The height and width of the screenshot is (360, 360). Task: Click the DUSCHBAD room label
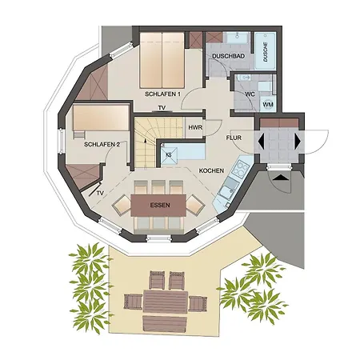coord(228,56)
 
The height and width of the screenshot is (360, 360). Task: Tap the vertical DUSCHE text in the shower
coord(266,52)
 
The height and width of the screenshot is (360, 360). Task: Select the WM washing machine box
coord(268,104)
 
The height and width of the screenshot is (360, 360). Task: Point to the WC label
coord(250,94)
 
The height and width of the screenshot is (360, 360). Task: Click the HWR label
coord(195,127)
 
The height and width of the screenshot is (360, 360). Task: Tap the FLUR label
coord(234,138)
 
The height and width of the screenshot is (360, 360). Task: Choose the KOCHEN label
coord(211,170)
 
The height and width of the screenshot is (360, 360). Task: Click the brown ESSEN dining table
coord(158,205)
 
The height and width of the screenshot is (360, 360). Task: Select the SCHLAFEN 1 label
coord(162,94)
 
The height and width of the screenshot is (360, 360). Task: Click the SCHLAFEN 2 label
coord(102,145)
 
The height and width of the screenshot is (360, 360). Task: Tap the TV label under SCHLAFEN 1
coord(162,108)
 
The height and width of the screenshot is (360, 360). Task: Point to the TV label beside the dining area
coord(100,193)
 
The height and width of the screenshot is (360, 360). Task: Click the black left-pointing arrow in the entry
coord(261,141)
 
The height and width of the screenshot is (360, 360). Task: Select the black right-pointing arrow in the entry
coord(298,141)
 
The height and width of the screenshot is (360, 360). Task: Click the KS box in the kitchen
coord(169,155)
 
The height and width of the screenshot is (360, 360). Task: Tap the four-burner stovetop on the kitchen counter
coord(240,169)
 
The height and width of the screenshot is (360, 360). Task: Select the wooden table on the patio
coord(166,302)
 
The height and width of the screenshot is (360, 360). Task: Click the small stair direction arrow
coord(145,140)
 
